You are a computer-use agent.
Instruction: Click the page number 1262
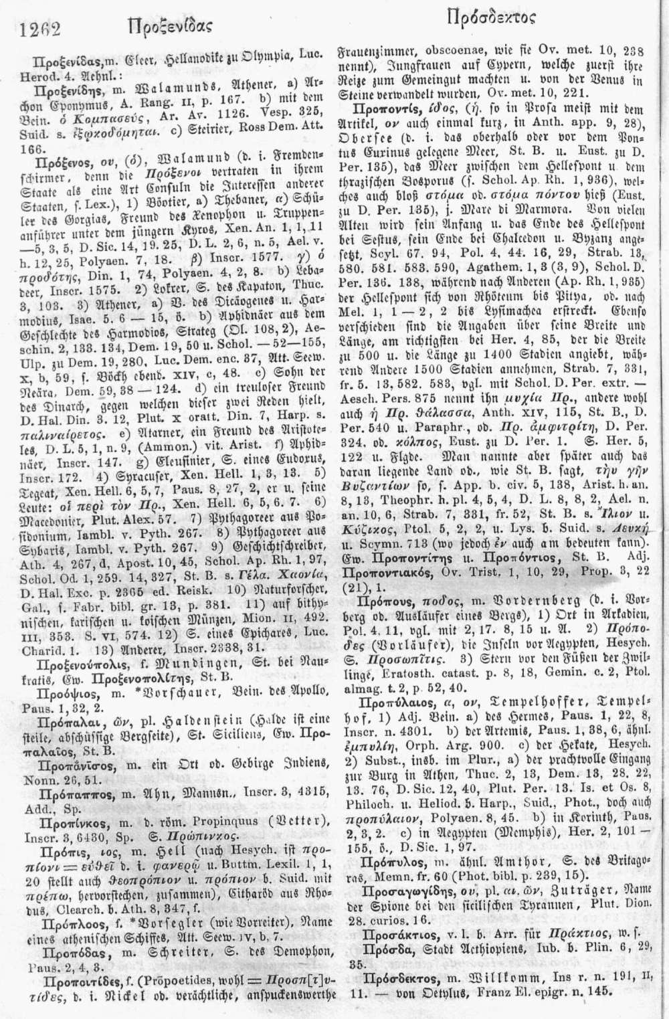point(41,29)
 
